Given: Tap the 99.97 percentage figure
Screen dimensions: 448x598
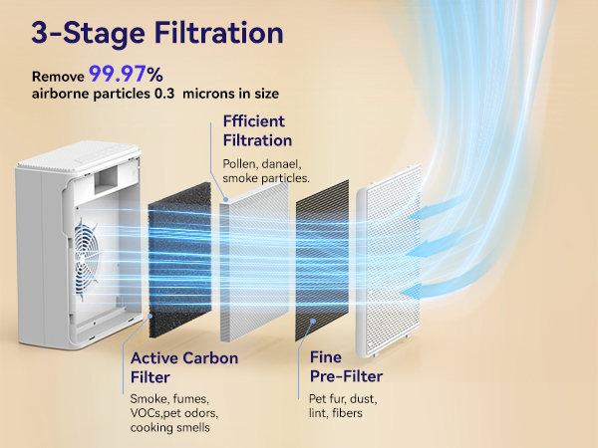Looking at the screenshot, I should pyautogui.click(x=123, y=74).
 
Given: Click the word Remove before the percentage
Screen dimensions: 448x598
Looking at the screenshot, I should pyautogui.click(x=58, y=77).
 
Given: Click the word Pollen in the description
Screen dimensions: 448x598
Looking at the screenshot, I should pyautogui.click(x=240, y=162).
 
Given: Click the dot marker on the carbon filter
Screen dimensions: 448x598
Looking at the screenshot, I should pyautogui.click(x=149, y=315).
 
